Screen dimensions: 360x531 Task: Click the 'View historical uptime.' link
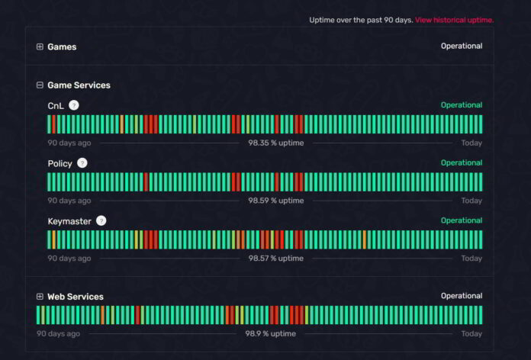(454, 20)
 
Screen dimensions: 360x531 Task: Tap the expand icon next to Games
(40, 47)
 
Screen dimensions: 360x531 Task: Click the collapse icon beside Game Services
(40, 85)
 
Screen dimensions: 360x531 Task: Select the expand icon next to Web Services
(40, 297)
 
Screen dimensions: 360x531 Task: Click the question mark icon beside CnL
(74, 105)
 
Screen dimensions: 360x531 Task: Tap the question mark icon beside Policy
(82, 163)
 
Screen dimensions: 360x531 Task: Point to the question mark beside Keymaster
(101, 220)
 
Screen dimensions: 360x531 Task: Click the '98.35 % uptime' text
(275, 143)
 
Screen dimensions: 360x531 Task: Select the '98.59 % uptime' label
(275, 201)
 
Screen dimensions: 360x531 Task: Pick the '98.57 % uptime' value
(275, 259)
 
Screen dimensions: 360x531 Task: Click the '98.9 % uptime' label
(270, 334)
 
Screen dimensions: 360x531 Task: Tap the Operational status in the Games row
(461, 46)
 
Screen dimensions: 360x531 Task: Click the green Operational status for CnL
(461, 105)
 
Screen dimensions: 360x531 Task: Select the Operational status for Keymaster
(461, 220)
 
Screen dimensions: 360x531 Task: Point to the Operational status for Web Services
(461, 296)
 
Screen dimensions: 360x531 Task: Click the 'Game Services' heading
(79, 85)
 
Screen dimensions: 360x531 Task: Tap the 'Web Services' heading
(76, 297)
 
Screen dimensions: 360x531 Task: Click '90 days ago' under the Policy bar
(69, 201)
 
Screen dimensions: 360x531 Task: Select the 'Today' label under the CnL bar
(471, 143)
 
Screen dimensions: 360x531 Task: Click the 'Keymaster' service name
(69, 221)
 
